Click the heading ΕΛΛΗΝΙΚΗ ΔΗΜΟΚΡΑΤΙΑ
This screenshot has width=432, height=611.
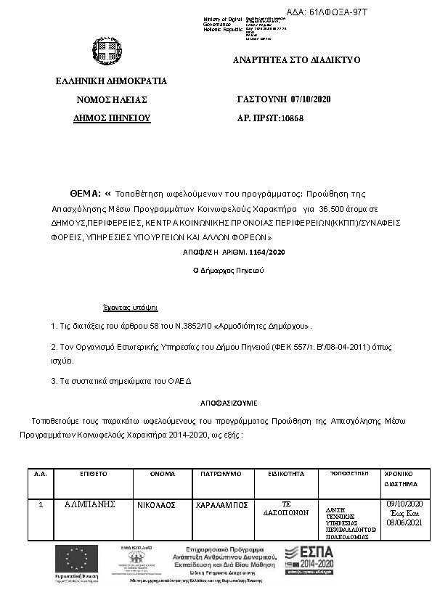click(111, 81)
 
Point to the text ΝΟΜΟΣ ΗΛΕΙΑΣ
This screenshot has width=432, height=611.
click(112, 99)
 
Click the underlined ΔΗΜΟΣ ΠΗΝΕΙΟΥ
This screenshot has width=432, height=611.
click(112, 117)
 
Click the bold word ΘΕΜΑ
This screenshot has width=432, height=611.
click(84, 194)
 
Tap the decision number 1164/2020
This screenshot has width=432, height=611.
click(248, 252)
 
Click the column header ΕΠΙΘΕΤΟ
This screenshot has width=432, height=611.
click(94, 473)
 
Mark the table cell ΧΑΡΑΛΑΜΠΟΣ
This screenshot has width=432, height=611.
click(221, 504)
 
